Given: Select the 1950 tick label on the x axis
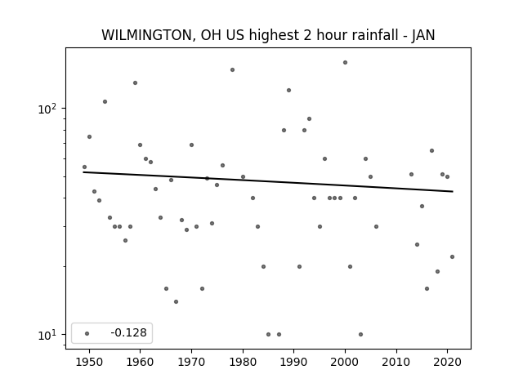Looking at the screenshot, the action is [x=89, y=362].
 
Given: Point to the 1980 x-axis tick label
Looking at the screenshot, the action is [x=243, y=362].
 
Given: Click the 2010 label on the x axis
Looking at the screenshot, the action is [x=396, y=362].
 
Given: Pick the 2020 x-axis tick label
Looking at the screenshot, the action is [x=448, y=362].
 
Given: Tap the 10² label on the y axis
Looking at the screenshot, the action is [x=47, y=109].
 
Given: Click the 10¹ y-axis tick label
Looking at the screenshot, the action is [x=47, y=335].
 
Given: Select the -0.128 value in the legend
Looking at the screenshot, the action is [x=129, y=332].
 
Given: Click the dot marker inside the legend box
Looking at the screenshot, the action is [x=87, y=333].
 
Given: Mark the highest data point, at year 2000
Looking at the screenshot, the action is [x=345, y=62].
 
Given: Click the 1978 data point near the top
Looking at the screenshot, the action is [x=232, y=69].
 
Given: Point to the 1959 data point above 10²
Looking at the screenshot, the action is [x=135, y=82].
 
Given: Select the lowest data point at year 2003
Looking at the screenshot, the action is [x=360, y=334].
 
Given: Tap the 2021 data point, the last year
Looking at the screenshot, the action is [x=452, y=256].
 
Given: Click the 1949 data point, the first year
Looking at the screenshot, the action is [x=84, y=167].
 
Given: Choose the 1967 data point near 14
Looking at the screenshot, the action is [x=177, y=301].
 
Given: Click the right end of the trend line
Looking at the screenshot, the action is [x=453, y=191].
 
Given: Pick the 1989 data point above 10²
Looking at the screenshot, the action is [x=288, y=91].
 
